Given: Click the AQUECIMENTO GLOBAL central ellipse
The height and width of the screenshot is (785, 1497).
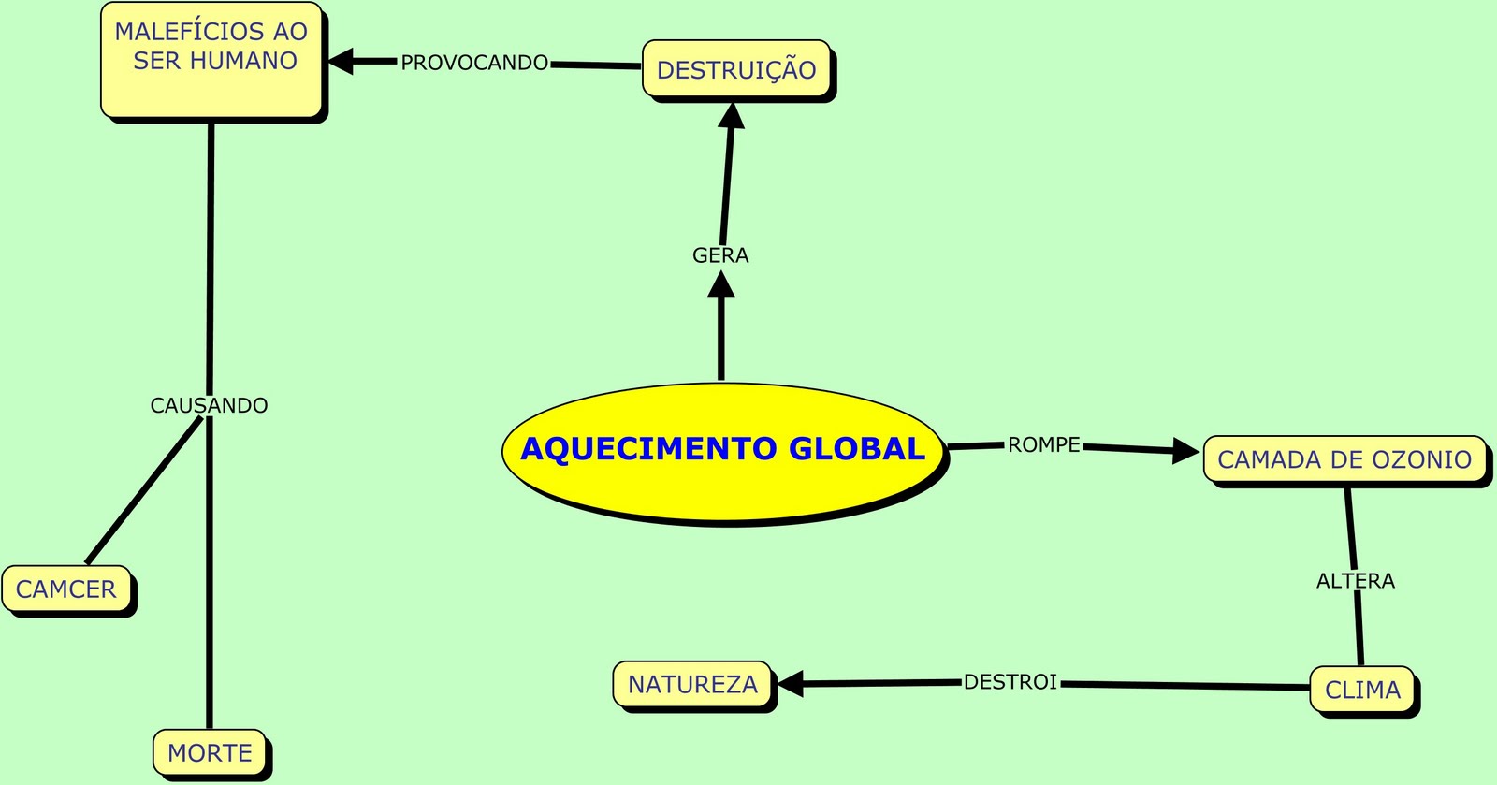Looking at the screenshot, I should coord(722,449).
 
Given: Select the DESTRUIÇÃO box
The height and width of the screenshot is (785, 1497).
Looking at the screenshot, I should coord(736,69).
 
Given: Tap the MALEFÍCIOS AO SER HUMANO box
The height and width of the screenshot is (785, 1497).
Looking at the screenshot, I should coord(211,59).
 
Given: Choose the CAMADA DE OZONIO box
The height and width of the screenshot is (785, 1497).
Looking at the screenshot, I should coord(1344,459).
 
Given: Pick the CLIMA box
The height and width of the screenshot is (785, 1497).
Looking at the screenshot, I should coord(1361,691).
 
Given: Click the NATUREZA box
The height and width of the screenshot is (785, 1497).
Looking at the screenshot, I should coord(692,685).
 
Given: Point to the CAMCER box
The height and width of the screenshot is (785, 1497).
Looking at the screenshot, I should coord(66,589).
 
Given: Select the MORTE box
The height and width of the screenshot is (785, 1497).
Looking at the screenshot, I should coord(210,753).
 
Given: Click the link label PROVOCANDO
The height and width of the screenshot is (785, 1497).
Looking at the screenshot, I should coord(474,63).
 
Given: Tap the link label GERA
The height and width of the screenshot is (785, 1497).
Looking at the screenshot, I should coord(720,255).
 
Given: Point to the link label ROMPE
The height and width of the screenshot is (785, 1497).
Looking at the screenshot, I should coord(1043,445).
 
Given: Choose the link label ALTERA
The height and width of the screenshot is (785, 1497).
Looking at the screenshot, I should coord(1355,581).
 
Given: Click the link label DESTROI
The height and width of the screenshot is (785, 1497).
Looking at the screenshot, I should coord(1010,682).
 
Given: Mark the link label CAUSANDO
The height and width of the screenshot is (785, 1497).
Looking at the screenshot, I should coord(209,405).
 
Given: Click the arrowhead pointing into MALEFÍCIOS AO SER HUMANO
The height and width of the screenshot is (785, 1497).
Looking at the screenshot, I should coord(339,61).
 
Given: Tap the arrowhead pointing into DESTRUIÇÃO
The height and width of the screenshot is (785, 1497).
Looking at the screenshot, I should coord(732,116).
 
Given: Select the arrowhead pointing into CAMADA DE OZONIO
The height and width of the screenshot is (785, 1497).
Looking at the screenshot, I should coord(1186,451).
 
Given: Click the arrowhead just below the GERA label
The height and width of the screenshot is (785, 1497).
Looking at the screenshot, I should coord(720,283).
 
